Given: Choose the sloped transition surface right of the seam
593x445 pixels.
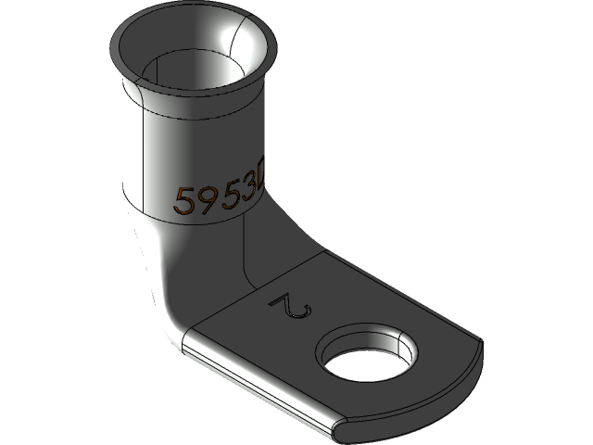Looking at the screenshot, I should tap(278, 246).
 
